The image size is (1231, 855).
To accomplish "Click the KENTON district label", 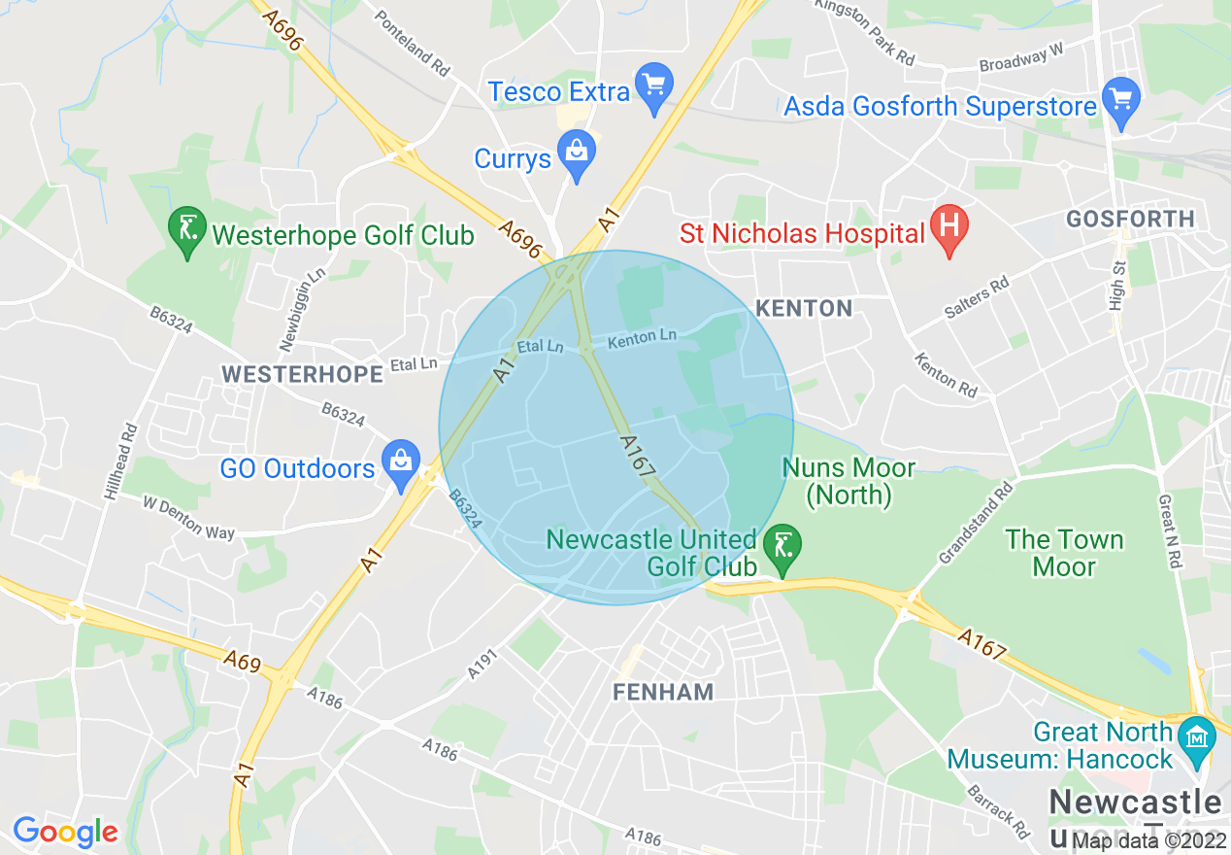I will tap(804, 309).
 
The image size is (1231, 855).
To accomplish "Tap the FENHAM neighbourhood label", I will tap(663, 692).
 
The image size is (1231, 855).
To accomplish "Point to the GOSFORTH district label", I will tap(1130, 220).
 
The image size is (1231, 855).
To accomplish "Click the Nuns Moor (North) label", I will tap(848, 482).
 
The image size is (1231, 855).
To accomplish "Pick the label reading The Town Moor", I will tap(1064, 553).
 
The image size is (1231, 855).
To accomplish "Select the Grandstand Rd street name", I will tap(975, 524).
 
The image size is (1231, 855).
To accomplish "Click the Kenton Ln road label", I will tap(642, 340).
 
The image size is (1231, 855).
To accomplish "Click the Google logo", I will tap(65, 832).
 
